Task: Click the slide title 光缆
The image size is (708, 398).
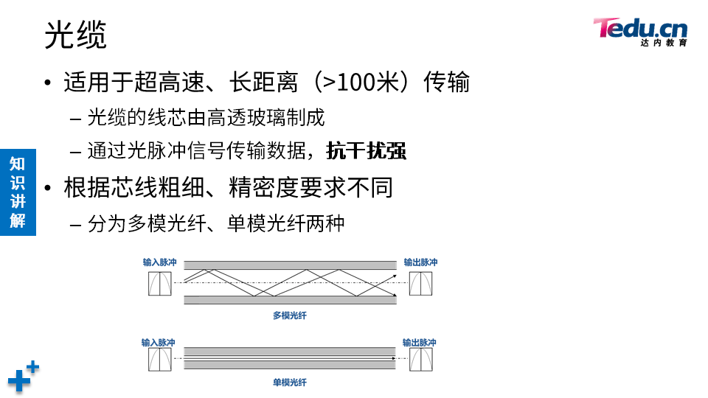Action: click(75, 35)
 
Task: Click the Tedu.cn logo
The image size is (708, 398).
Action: click(639, 29)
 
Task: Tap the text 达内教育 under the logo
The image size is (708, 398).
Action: click(664, 43)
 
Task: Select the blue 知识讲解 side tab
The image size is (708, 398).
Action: click(18, 192)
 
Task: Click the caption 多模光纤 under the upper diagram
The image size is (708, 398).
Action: click(290, 315)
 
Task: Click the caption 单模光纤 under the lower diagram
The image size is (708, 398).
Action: click(290, 383)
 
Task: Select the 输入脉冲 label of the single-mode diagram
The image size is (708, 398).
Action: click(159, 343)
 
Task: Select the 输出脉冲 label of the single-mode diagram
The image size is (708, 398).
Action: click(419, 343)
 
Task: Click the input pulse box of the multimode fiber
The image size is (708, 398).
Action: click(160, 284)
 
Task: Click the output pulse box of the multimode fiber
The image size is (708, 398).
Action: click(421, 284)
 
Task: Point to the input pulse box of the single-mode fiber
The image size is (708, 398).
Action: click(159, 360)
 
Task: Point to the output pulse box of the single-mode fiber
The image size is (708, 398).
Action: click(420, 360)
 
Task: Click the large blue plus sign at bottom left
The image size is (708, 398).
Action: click(20, 381)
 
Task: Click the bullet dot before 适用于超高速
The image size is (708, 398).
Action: click(48, 82)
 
